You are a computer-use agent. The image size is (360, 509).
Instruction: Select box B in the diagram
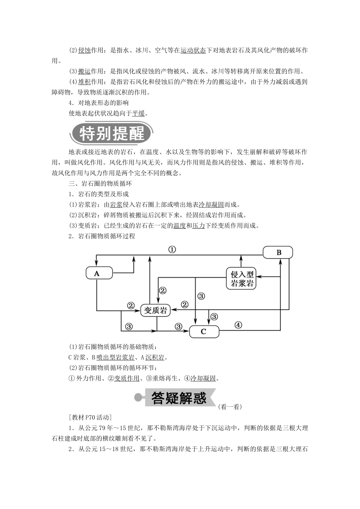[x=279, y=253]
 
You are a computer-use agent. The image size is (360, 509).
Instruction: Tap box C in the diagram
[x=204, y=332]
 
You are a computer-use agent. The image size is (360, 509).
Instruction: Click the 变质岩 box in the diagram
[x=156, y=311]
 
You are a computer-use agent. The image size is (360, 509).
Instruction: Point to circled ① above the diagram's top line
[x=172, y=250]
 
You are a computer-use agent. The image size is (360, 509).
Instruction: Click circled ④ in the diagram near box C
[x=238, y=325]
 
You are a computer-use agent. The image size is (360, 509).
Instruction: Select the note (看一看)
[x=230, y=407]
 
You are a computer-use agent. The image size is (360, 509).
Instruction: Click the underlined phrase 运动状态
[x=193, y=50]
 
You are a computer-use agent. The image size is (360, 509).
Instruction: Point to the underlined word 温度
[x=179, y=226]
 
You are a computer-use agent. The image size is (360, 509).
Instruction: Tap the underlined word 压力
[x=199, y=226]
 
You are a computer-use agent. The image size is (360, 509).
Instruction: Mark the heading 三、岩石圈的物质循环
[x=100, y=184]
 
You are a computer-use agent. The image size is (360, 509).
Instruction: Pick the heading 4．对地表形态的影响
[x=99, y=103]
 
